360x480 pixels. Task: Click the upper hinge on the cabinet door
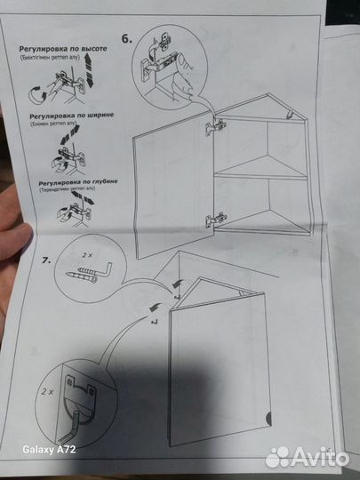tap(211, 129)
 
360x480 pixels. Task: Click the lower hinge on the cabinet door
tap(214, 217)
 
